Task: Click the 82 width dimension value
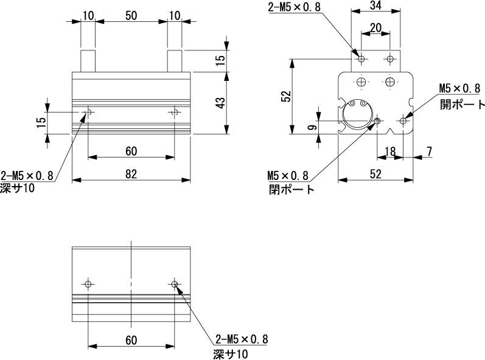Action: pos(131,174)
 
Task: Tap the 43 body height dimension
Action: pos(220,102)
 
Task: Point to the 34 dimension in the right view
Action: pos(376,6)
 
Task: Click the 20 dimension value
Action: pos(376,27)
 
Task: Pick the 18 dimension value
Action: pos(390,150)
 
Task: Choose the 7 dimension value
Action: pos(430,150)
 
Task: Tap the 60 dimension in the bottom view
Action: pos(131,339)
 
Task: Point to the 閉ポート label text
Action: pos(292,190)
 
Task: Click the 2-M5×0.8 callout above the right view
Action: pos(295,7)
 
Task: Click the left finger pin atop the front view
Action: pos(88,61)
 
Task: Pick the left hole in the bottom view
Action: pos(88,284)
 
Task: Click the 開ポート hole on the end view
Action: pos(402,121)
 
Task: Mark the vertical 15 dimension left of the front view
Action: pos(40,122)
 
